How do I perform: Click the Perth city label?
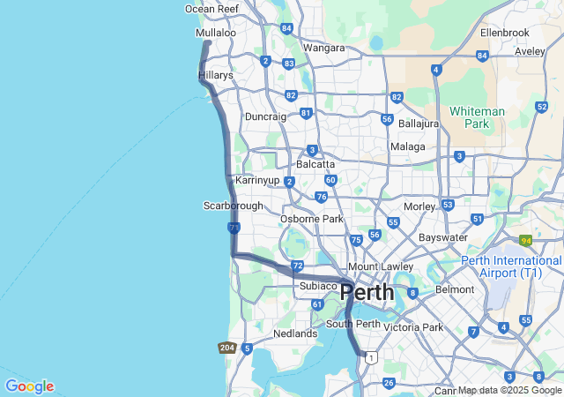(368, 292)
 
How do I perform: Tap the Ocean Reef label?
(211, 9)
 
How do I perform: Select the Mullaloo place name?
(216, 33)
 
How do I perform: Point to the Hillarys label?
(216, 76)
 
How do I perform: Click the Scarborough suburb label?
(234, 206)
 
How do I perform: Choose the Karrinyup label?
(257, 180)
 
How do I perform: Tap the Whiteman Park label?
(477, 117)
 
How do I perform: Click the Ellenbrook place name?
(505, 33)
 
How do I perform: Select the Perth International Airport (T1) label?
(511, 267)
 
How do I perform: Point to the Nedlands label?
(295, 333)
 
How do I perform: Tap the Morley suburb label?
(419, 206)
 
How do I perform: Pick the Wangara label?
(323, 48)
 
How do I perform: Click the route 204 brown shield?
(226, 348)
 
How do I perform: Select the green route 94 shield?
(526, 240)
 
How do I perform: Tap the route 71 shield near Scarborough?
(234, 228)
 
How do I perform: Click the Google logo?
(29, 386)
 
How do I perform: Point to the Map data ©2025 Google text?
(509, 390)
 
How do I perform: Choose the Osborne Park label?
(312, 219)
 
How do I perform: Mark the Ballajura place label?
(419, 124)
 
